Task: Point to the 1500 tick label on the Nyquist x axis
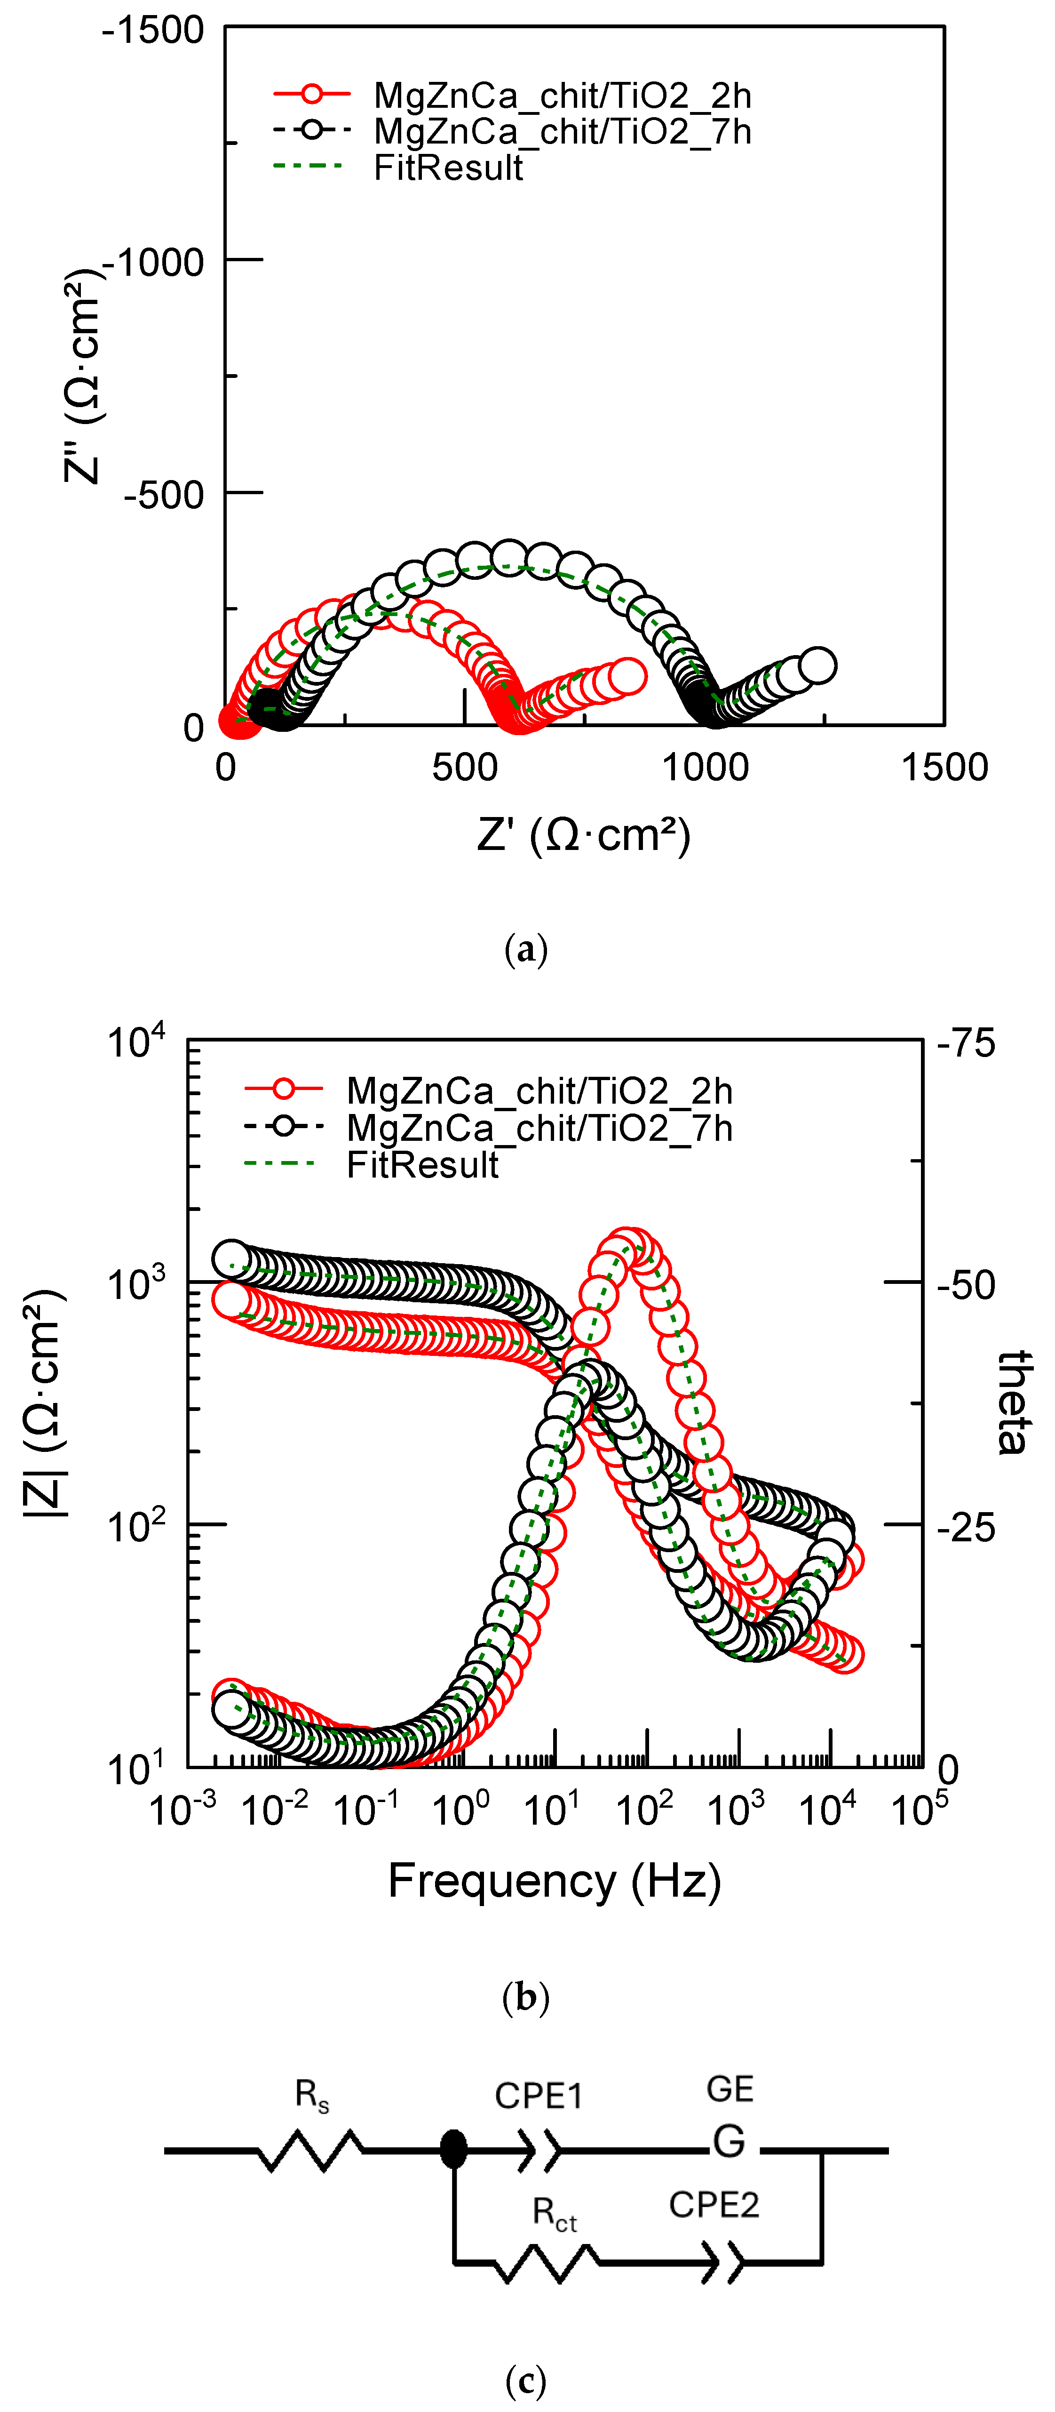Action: tap(944, 768)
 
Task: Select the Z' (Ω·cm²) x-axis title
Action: tap(583, 834)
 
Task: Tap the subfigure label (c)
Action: tap(525, 2379)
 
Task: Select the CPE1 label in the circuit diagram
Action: tap(538, 2096)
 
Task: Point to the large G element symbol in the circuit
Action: tap(728, 2141)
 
